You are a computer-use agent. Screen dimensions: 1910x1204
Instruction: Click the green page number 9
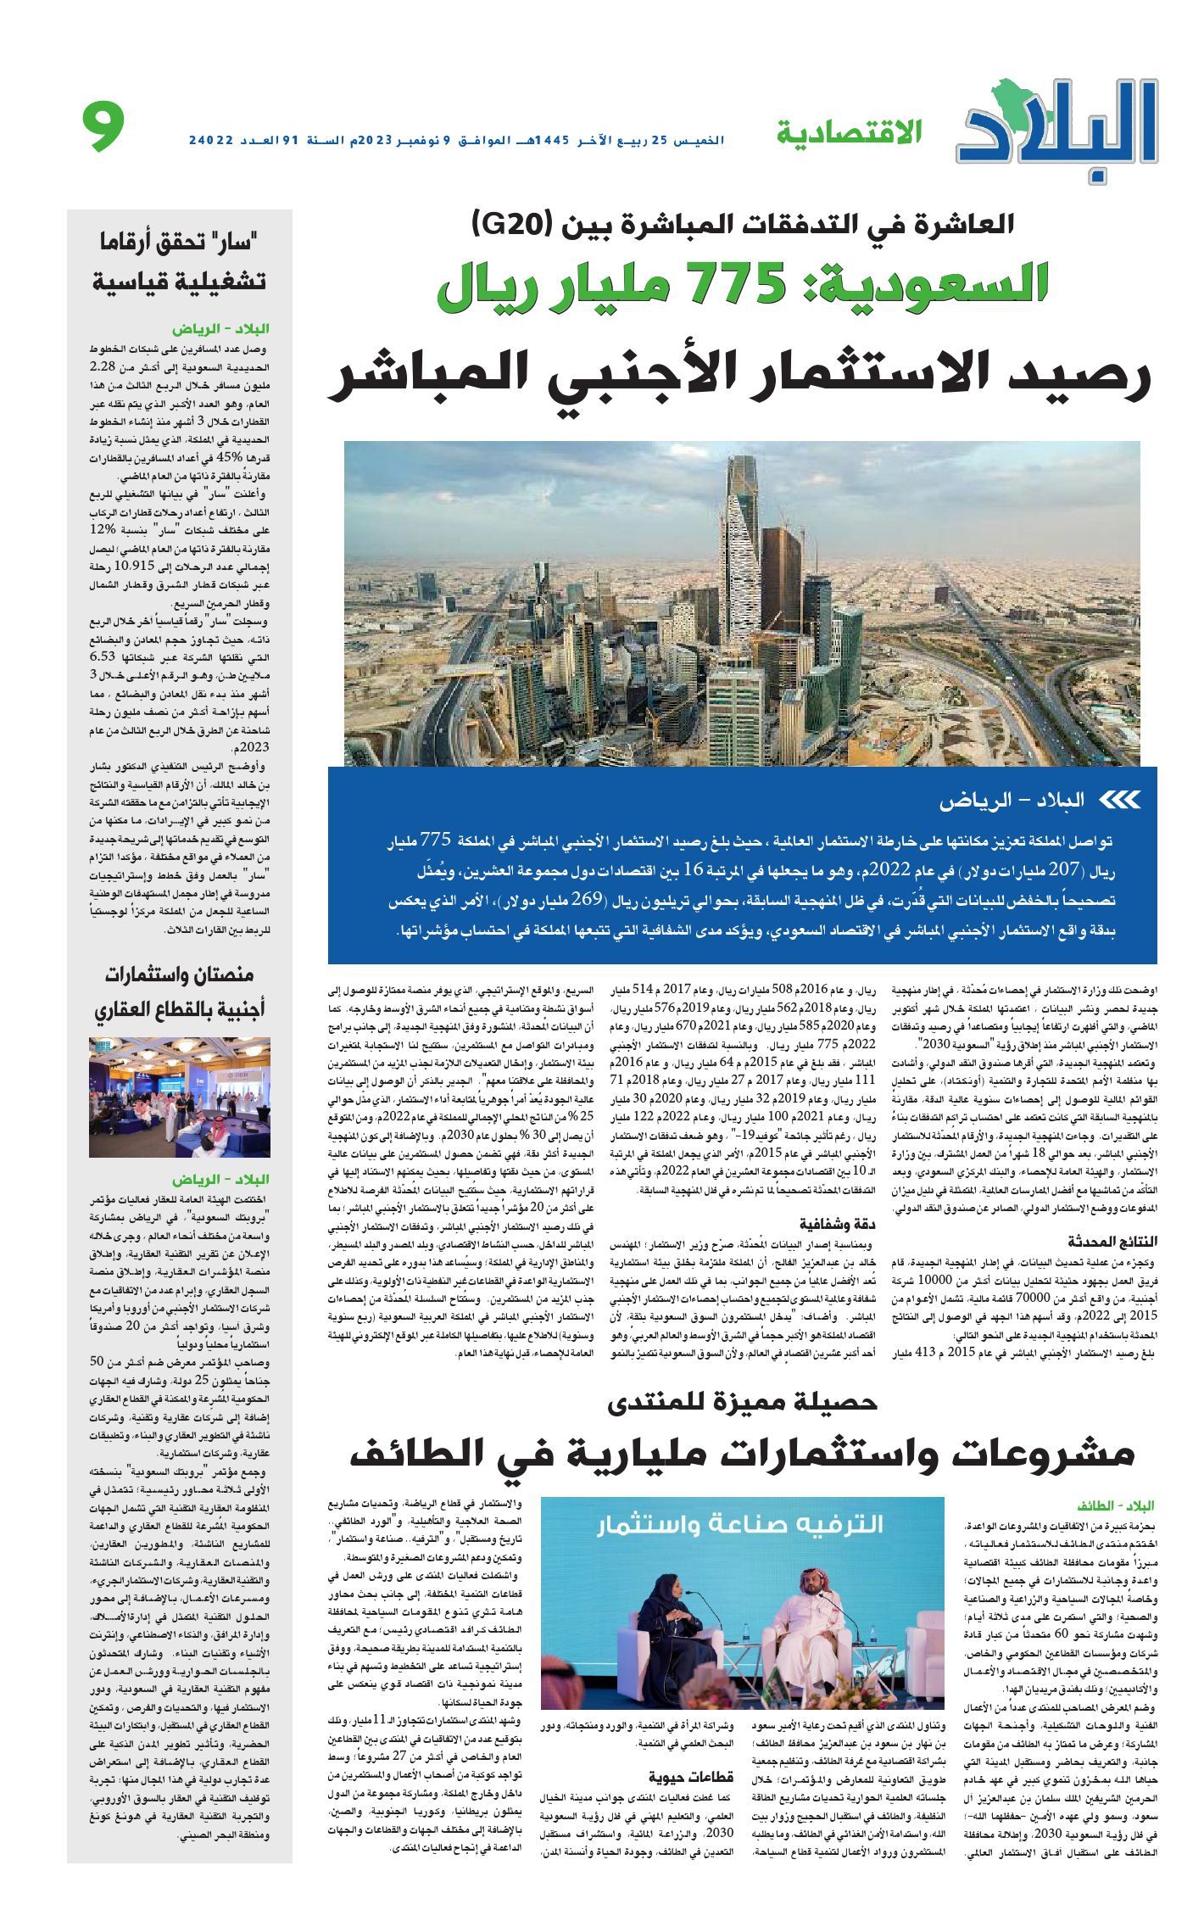[x=104, y=126]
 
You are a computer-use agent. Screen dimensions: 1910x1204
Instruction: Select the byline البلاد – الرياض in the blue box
[x=1013, y=800]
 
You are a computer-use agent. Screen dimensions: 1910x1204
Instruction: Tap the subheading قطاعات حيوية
[x=692, y=1755]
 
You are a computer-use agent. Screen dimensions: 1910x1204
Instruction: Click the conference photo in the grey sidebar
[x=180, y=1097]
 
